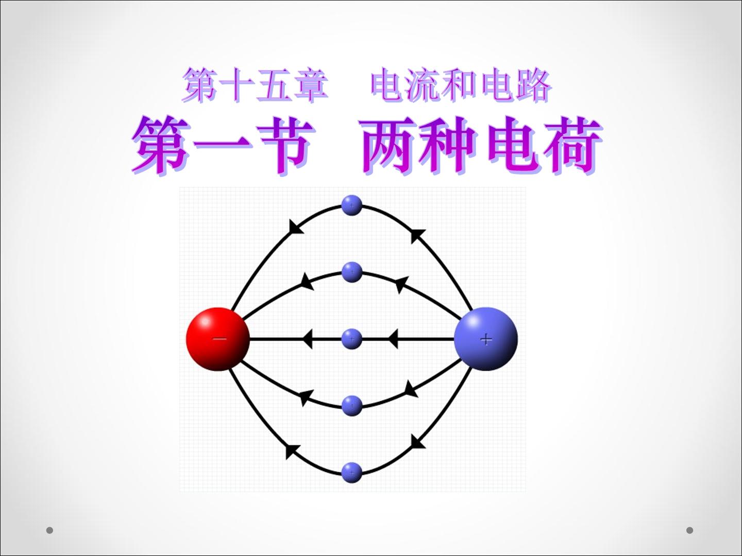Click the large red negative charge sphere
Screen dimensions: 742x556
218,339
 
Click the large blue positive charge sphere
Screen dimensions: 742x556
486,339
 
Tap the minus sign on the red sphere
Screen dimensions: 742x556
220,339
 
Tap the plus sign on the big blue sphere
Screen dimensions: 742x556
486,339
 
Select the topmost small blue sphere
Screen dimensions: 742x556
352,205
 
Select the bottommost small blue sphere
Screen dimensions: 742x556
352,473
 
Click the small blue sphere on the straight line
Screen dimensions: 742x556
352,339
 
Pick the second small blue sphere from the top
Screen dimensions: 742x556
352,272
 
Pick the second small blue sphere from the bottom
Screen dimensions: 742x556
352,406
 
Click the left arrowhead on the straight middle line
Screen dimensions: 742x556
307,339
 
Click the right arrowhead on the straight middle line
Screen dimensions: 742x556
393,339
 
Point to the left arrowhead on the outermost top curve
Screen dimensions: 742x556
295,227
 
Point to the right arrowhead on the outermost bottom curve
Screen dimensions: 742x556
417,442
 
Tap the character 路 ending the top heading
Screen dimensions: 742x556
533,85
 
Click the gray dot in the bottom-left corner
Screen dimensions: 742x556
49,530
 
